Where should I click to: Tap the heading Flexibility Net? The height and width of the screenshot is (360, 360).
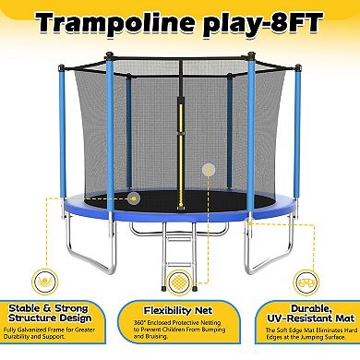(x=181, y=314)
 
